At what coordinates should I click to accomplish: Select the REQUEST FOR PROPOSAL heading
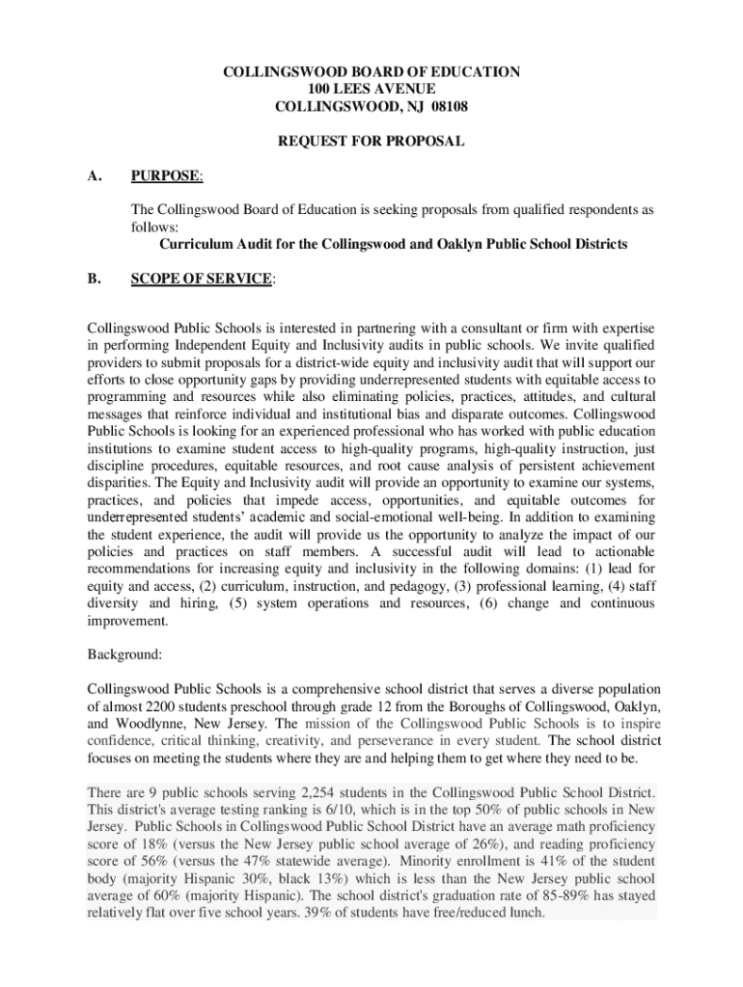click(371, 142)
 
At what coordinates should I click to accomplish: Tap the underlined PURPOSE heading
click(166, 175)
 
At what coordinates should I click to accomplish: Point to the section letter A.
click(94, 175)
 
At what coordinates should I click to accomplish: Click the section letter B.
click(94, 279)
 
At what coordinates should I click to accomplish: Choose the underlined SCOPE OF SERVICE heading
click(202, 279)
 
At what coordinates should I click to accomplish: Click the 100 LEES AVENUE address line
click(371, 89)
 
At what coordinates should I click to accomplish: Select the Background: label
click(124, 654)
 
